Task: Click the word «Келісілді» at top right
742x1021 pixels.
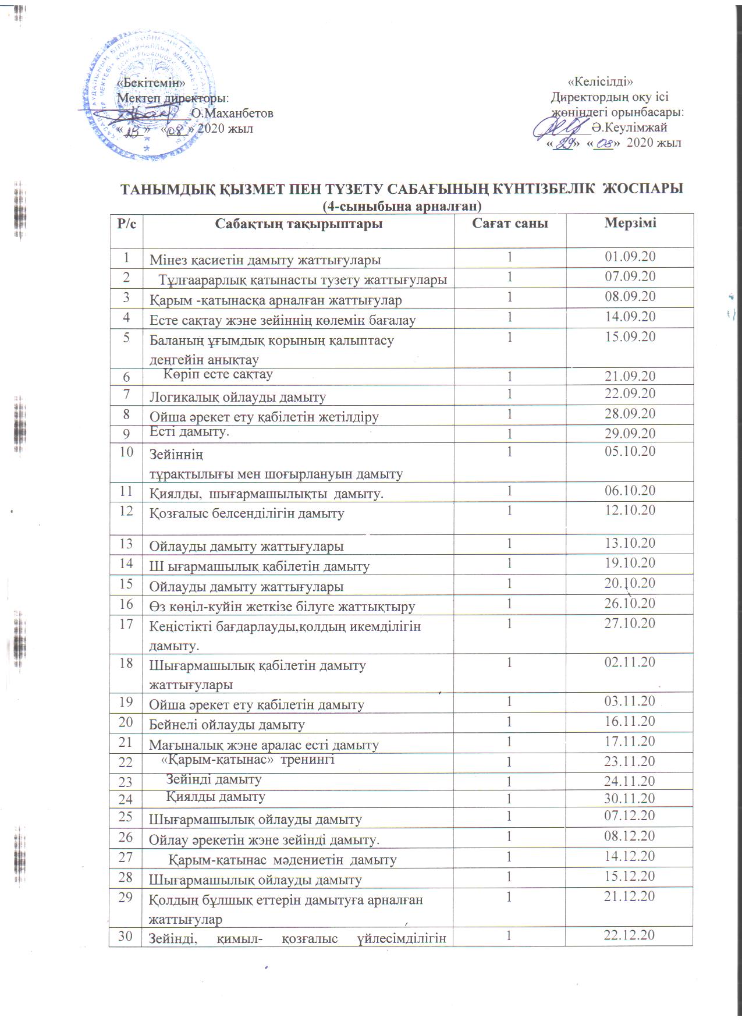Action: coord(599,81)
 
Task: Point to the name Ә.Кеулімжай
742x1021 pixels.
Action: coord(629,127)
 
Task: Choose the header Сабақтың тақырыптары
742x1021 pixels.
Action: coord(299,224)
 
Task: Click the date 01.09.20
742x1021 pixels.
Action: coord(630,256)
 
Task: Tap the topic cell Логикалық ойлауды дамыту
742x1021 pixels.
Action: coord(237,397)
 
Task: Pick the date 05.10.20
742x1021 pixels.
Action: coord(630,451)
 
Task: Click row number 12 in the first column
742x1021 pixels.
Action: coord(126,510)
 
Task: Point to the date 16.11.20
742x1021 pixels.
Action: coord(630,721)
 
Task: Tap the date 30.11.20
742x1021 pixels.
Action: coord(630,798)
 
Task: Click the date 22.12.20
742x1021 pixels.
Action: coord(630,935)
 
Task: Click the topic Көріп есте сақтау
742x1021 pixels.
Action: coord(218,374)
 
